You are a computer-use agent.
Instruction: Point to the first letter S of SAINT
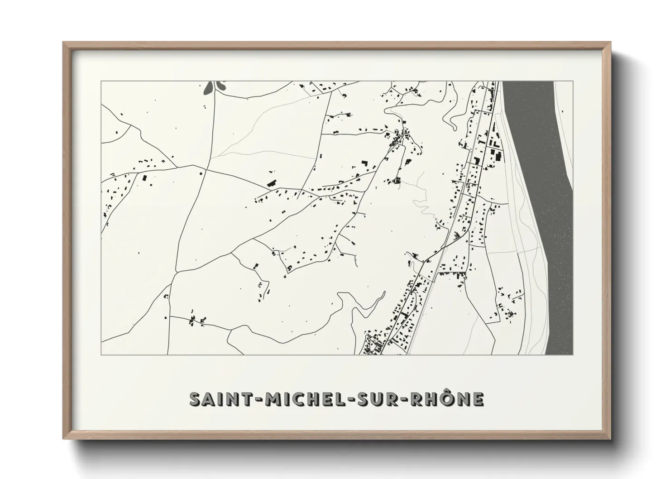click(x=196, y=399)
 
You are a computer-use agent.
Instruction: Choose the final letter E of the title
click(x=478, y=399)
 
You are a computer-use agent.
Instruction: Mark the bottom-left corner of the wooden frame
click(x=64, y=438)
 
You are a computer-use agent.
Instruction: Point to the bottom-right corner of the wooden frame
click(x=610, y=438)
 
